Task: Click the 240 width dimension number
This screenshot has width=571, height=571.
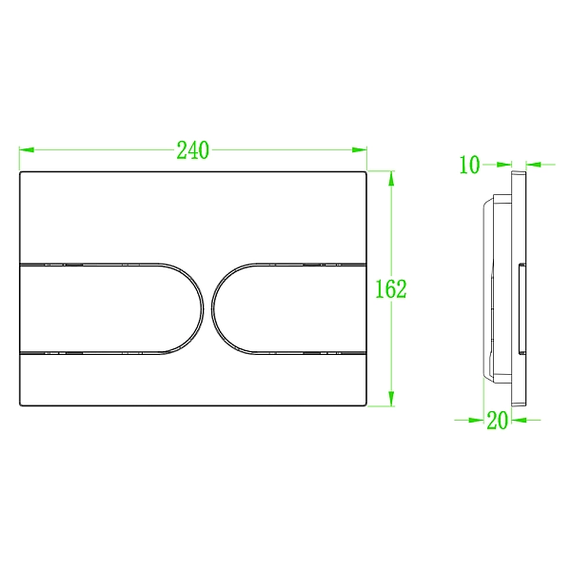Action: pos(193,150)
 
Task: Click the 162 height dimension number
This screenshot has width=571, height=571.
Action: pos(391,289)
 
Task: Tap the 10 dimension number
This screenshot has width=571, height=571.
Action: pos(470,165)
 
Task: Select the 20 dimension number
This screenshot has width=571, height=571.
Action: pos(497,421)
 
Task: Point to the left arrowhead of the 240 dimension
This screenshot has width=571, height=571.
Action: pos(27,149)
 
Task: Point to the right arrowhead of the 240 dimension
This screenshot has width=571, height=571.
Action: pos(360,149)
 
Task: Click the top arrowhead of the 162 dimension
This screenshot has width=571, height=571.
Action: pos(391,179)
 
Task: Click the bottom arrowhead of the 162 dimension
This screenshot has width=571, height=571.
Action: pos(391,399)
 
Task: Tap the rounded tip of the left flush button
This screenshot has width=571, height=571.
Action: pos(204,309)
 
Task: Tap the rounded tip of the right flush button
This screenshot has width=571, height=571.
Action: pos(212,309)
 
